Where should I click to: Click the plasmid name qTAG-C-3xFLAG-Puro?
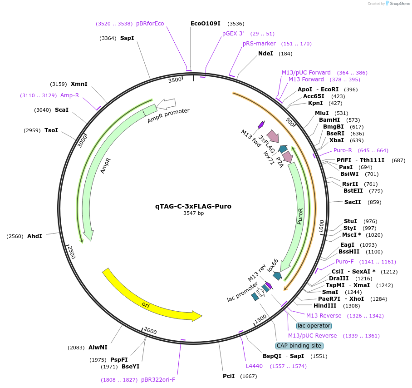point(193,206)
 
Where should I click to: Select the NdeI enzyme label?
point(265,54)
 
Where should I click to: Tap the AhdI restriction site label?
point(34,236)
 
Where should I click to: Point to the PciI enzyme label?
point(229,376)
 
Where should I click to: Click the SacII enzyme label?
point(352,202)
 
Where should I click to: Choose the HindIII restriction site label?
point(325,306)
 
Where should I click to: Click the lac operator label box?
point(314,326)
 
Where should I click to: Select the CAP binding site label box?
point(299,346)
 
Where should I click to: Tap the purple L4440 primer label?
point(254,366)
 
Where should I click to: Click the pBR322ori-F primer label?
point(158,380)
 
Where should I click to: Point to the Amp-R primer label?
point(69,95)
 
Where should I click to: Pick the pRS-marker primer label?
point(259,44)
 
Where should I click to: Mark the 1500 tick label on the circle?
point(260,320)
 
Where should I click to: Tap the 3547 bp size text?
point(193,213)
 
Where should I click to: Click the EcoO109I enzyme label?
point(205,24)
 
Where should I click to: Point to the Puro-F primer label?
point(345,262)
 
